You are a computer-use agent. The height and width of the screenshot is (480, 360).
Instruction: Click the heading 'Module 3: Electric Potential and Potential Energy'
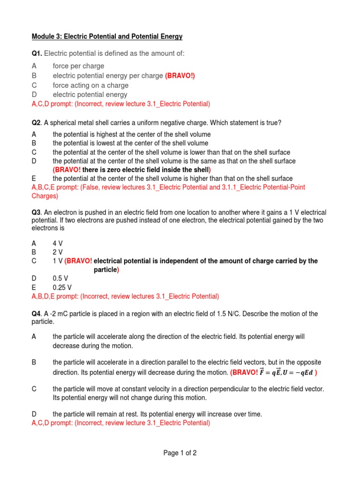pyautogui.click(x=107, y=37)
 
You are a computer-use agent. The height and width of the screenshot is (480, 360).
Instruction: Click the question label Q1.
pyautogui.click(x=37, y=53)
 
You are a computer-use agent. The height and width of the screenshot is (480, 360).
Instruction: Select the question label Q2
pyautogui.click(x=37, y=123)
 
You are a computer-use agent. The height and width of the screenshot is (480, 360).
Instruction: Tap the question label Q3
pyautogui.click(x=37, y=212)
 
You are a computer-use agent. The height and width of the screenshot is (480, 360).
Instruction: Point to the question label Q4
pyautogui.click(x=37, y=314)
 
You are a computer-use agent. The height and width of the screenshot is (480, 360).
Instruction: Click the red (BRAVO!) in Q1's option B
pyautogui.click(x=180, y=75)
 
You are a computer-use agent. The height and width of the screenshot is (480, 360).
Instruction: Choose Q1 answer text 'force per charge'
pyautogui.click(x=78, y=66)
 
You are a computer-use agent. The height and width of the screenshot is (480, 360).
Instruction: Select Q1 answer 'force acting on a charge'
pyautogui.click(x=90, y=85)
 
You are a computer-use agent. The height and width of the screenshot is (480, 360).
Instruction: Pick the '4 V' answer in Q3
pyautogui.click(x=59, y=243)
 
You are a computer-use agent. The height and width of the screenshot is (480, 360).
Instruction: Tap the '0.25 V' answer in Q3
pyautogui.click(x=62, y=287)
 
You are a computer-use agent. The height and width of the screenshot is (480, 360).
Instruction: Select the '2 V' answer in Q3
pyautogui.click(x=59, y=252)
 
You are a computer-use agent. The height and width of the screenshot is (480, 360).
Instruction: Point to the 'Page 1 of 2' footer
pyautogui.click(x=180, y=453)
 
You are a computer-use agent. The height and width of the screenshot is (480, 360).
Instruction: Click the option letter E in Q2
pyautogui.click(x=34, y=179)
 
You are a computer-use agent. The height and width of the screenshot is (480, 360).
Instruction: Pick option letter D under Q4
pyautogui.click(x=34, y=414)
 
